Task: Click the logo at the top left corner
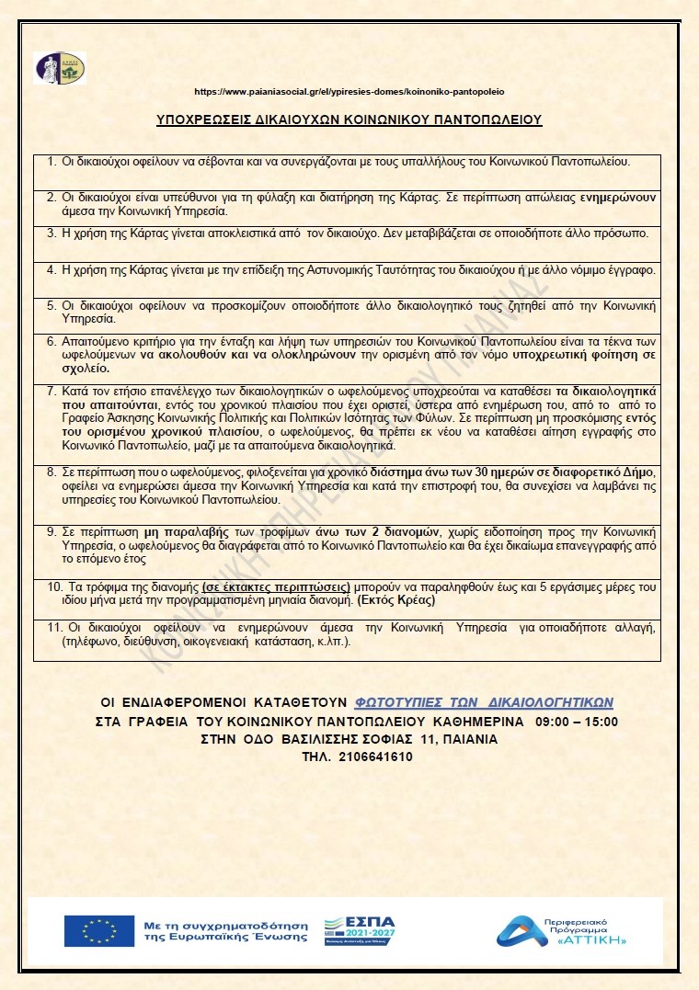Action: [x=60, y=68]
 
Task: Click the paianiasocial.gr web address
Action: [x=349, y=92]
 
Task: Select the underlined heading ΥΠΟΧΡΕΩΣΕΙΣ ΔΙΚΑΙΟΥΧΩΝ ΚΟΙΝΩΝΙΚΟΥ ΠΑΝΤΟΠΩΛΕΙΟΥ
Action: [x=349, y=119]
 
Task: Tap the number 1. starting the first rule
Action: [x=52, y=162]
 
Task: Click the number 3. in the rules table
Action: [x=52, y=233]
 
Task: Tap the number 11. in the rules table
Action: [x=54, y=627]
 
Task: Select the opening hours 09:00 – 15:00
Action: [x=571, y=722]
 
